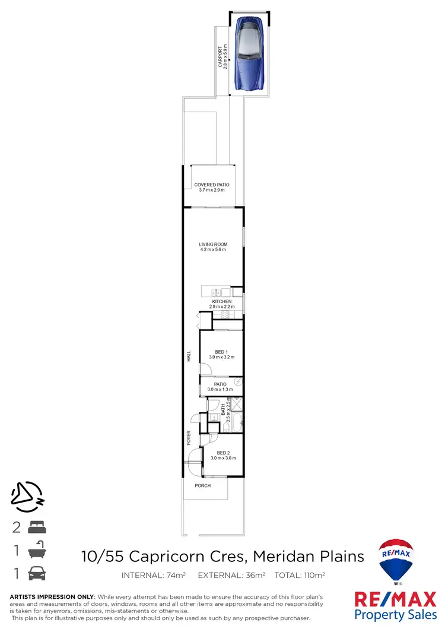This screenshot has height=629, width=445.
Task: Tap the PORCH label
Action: coord(203,485)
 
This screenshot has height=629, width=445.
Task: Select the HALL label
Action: coord(189,356)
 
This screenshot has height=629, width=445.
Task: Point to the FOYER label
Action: coord(189,437)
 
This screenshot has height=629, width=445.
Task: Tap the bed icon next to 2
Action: coord(37,526)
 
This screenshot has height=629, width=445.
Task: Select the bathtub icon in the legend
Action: coord(37,550)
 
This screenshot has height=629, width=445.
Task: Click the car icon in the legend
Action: coord(37,574)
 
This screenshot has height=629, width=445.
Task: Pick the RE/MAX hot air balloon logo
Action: coord(397,561)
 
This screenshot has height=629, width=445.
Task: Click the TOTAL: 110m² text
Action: coord(300,575)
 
